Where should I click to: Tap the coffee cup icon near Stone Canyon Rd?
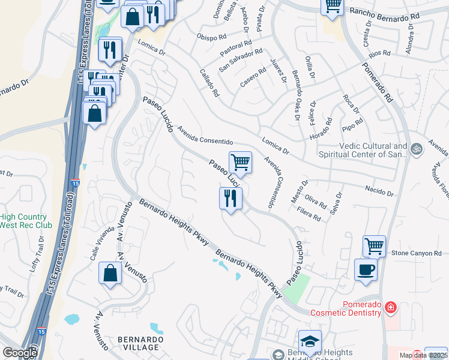tap(366, 270)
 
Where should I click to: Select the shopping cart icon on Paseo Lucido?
tap(240, 162)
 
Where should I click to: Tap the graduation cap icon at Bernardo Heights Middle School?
tap(310, 341)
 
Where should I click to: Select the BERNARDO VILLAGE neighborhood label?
tap(139, 343)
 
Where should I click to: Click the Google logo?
tap(20, 353)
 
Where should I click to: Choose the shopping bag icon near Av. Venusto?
tap(111, 274)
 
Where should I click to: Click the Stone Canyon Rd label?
tap(416, 254)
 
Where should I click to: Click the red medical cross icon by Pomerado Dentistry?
tap(391, 307)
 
